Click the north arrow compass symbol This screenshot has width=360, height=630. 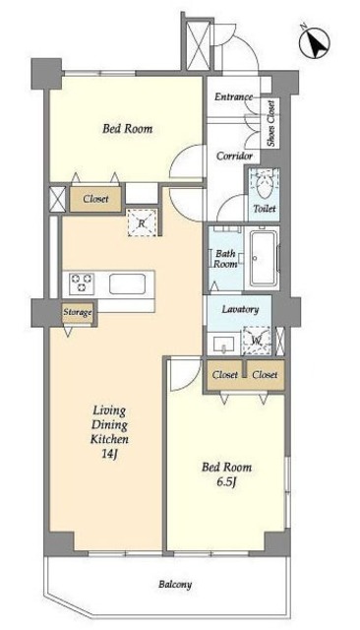pos(315,41)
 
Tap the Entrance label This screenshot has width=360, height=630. pos(233,96)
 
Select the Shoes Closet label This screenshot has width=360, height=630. pos(271,123)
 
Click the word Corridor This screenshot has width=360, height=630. pos(234,156)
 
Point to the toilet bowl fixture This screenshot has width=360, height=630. pos(264,184)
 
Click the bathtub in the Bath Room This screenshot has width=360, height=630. pos(263,258)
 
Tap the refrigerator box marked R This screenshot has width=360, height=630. pos(142,223)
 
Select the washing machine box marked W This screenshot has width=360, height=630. pos(257,341)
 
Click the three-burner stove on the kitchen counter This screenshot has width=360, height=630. pos(82,283)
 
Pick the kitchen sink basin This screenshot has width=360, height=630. pos(127,283)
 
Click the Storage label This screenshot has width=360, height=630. pos(78,312)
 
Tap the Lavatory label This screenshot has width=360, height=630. pos(240,309)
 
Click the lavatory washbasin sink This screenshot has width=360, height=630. pos(223,345)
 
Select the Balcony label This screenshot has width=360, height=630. pos(174,584)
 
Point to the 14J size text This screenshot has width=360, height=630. pos(109,454)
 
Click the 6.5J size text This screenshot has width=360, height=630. pos(226,481)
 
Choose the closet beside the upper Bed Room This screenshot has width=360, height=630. pos(95,199)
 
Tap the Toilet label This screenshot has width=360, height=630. pos(265,209)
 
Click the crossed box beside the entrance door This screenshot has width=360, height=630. pos(199,46)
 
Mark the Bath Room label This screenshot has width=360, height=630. pos(225,259)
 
